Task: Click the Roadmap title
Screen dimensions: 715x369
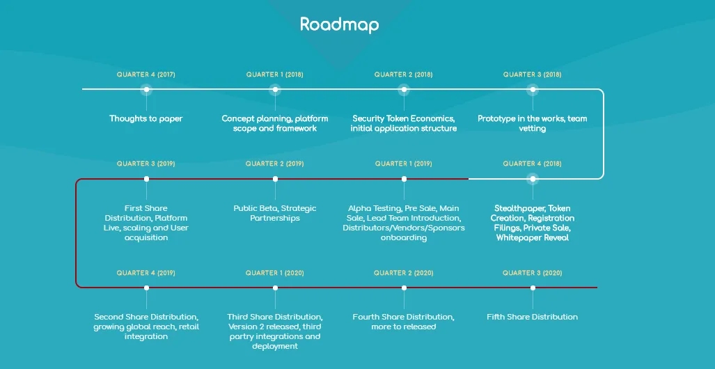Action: (x=339, y=24)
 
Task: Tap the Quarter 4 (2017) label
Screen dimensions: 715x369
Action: (x=146, y=74)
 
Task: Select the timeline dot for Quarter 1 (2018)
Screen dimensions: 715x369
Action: (x=275, y=89)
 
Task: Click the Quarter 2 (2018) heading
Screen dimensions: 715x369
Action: (x=404, y=74)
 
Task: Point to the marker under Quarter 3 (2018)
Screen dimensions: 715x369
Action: (x=533, y=89)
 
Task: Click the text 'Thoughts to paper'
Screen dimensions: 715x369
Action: (x=146, y=118)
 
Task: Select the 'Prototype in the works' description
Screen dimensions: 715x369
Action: (x=533, y=124)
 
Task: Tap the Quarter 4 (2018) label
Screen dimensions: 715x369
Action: (x=533, y=164)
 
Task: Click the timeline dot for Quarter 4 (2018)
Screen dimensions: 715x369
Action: (x=533, y=179)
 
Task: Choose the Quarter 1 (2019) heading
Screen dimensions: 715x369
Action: (x=404, y=164)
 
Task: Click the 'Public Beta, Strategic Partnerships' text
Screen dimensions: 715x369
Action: (x=275, y=213)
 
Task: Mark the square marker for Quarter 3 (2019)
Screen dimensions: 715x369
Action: (x=146, y=179)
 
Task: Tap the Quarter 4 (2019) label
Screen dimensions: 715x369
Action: (x=146, y=273)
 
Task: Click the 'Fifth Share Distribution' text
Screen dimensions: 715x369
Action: (x=532, y=317)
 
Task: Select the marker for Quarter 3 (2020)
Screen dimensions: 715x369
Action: (x=533, y=288)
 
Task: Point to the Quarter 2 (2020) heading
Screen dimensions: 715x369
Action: (x=404, y=273)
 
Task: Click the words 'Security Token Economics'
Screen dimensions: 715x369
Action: (x=404, y=118)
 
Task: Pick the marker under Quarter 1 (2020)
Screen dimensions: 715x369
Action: (x=275, y=288)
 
